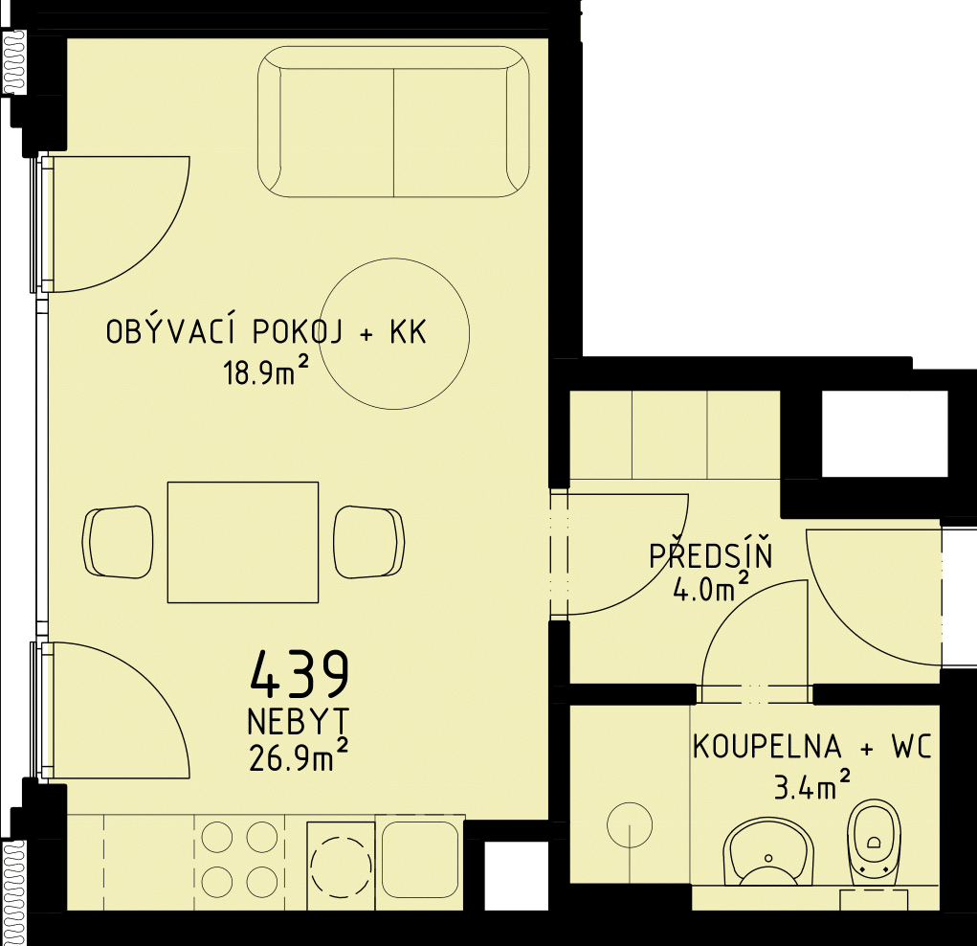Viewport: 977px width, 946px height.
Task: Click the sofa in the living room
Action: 394,124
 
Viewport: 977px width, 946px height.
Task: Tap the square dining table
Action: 243,542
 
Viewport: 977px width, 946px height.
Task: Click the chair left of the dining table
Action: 119,542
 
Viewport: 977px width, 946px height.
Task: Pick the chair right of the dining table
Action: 368,542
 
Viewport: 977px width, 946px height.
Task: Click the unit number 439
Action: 300,674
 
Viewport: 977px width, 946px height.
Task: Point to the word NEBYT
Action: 299,722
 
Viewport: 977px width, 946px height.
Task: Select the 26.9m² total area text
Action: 298,756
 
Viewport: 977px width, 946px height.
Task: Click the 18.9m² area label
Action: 267,372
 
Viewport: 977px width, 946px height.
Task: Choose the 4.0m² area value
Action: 710,588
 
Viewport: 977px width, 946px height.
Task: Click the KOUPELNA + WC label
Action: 812,747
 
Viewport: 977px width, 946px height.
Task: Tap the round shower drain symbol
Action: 630,825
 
